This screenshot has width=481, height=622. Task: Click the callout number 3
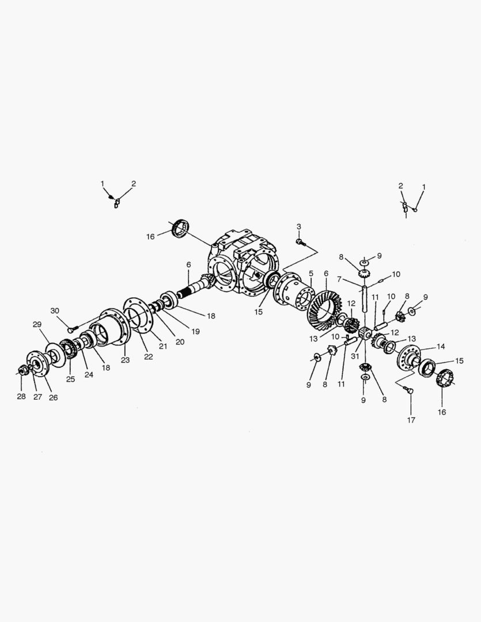coord(299,226)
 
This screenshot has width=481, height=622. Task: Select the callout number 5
coord(310,273)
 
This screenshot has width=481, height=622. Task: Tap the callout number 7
coord(340,279)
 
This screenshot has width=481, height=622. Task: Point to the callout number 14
coord(441,347)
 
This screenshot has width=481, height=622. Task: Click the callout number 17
coord(411,420)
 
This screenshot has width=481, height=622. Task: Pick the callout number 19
coord(196,331)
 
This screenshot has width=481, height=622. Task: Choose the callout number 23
coord(126,360)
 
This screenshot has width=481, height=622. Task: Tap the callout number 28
coord(21,397)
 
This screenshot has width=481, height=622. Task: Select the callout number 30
coord(55,311)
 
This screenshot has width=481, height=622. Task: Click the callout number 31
coord(355,356)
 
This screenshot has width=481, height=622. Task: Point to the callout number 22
coord(149,356)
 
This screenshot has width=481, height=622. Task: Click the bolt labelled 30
coord(71,329)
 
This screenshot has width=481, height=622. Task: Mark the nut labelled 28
coord(24,370)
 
